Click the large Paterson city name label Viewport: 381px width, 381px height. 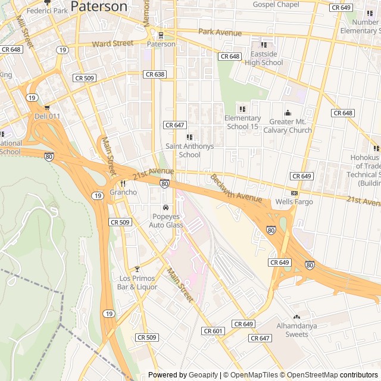pyautogui.click(x=99, y=7)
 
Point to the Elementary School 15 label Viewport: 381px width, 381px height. pyautogui.click(x=242, y=122)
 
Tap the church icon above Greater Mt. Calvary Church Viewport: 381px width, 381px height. pyautogui.click(x=288, y=113)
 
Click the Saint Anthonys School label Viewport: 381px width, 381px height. pyautogui.click(x=190, y=150)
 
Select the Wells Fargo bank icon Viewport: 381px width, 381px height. pyautogui.click(x=294, y=193)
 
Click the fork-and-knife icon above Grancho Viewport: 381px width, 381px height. pyautogui.click(x=123, y=183)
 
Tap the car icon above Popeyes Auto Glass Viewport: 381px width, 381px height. pyautogui.click(x=165, y=207)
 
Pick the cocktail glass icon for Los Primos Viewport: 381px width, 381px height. pyautogui.click(x=137, y=269)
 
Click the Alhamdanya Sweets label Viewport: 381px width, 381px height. pyautogui.click(x=296, y=330)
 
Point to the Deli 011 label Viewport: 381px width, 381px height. pyautogui.click(x=47, y=116)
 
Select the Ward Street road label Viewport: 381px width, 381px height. pyautogui.click(x=113, y=43)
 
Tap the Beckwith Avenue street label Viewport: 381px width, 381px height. pyautogui.click(x=236, y=187)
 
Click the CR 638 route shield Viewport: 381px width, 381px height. pyautogui.click(x=154, y=74)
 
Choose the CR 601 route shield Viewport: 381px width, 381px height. pyautogui.click(x=213, y=331)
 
